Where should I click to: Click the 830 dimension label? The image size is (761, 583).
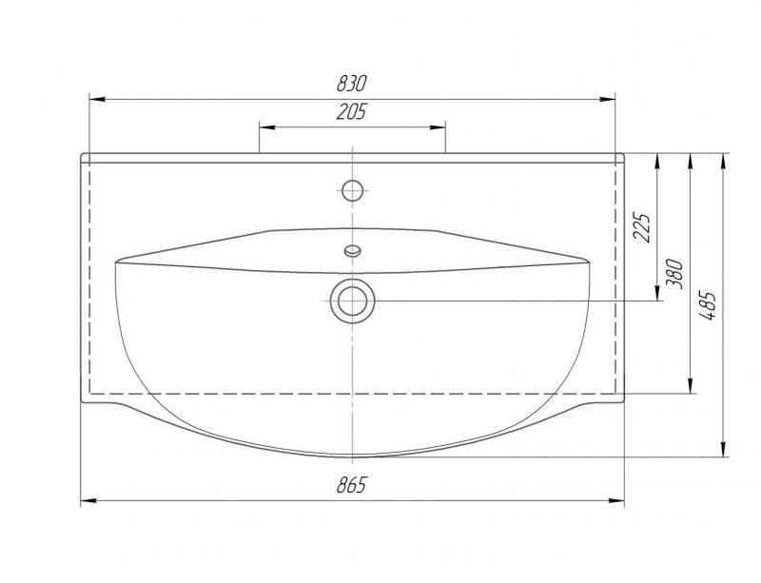tap(351, 83)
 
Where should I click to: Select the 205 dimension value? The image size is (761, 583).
tap(351, 112)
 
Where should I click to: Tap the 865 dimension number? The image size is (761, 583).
tap(351, 486)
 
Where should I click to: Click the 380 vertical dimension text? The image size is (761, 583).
tap(675, 274)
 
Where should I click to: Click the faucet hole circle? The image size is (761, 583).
tap(353, 188)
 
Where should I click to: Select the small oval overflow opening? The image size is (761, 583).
tap(353, 252)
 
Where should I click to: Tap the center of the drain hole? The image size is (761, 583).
tap(353, 301)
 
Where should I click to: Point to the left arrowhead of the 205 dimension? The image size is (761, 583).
tap(265, 126)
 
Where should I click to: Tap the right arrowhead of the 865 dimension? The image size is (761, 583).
tap(619, 501)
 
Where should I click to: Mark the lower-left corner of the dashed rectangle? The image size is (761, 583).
tap(88, 393)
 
